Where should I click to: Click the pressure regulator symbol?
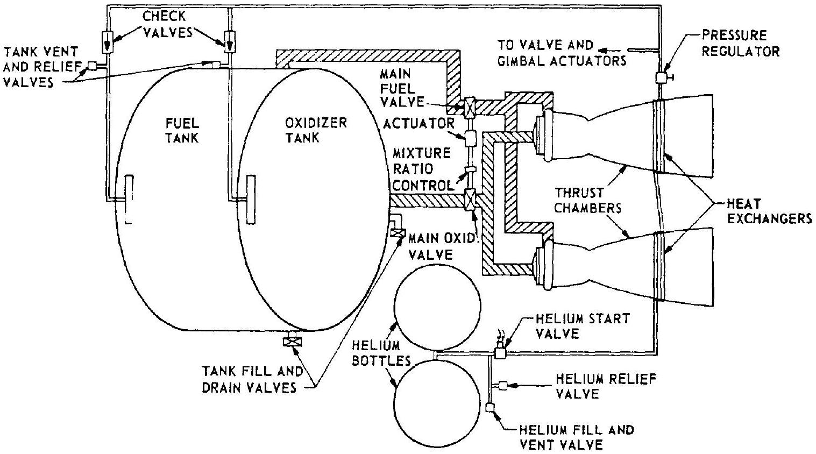(662, 77)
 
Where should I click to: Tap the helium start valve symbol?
(500, 353)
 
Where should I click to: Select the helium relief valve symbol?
(503, 385)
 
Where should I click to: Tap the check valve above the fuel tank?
(107, 41)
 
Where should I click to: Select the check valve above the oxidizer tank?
(229, 41)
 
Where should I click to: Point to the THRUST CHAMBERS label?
(587, 200)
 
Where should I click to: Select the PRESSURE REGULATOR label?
(741, 44)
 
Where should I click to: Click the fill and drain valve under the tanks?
(293, 342)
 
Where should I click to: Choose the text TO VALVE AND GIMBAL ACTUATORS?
(562, 52)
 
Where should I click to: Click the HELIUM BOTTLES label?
(377, 353)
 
